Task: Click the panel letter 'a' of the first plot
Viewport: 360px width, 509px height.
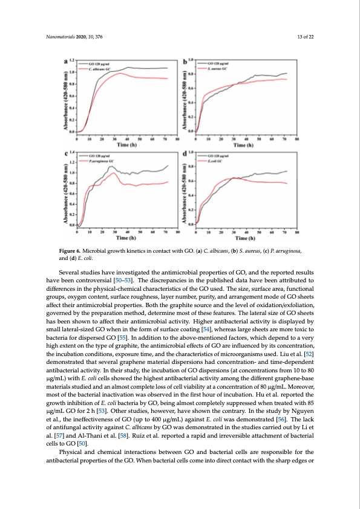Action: [65, 62]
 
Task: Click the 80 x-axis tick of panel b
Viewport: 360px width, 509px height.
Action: [296, 139]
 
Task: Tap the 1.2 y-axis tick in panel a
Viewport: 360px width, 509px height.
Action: [71, 60]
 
